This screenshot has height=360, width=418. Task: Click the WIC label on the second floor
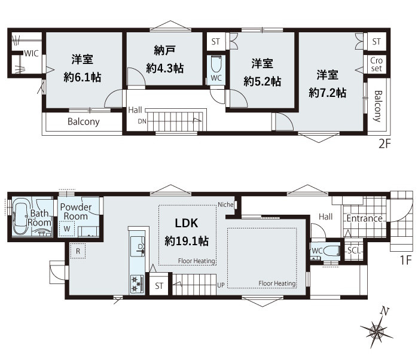(x=31, y=53)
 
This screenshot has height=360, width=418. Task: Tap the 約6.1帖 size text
(x=83, y=77)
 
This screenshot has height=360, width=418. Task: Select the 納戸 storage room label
(x=164, y=50)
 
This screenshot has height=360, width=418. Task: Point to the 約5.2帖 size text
(x=263, y=81)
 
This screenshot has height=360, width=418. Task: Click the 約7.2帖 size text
(x=328, y=93)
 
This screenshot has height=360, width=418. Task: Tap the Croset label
(x=376, y=64)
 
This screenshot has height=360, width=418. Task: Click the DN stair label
(x=142, y=121)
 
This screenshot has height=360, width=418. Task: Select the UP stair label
(x=221, y=285)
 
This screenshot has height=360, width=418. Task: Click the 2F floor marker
(x=385, y=144)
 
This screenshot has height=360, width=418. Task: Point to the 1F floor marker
(x=406, y=260)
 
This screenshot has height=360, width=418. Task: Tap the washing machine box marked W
(x=66, y=229)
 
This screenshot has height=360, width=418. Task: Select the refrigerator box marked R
(x=78, y=251)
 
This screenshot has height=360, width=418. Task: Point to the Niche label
(x=225, y=205)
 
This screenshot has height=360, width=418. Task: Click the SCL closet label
(x=354, y=251)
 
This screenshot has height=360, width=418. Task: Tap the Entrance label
(x=364, y=218)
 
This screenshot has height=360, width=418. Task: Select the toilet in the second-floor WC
(x=216, y=65)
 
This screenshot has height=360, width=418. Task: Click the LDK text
(x=187, y=223)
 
